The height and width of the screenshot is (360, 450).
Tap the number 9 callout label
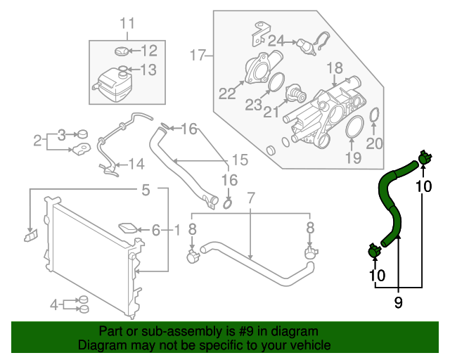click(399, 303)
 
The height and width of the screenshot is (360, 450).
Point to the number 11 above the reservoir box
click(126, 25)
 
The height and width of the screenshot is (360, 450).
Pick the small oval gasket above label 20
click(374, 115)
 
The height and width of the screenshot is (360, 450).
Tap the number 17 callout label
click(198, 54)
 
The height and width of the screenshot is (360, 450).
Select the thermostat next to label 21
click(294, 94)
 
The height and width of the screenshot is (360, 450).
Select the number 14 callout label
click(136, 165)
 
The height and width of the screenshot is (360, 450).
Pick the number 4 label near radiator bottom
click(54, 304)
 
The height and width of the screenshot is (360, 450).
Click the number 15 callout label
click(240, 160)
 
